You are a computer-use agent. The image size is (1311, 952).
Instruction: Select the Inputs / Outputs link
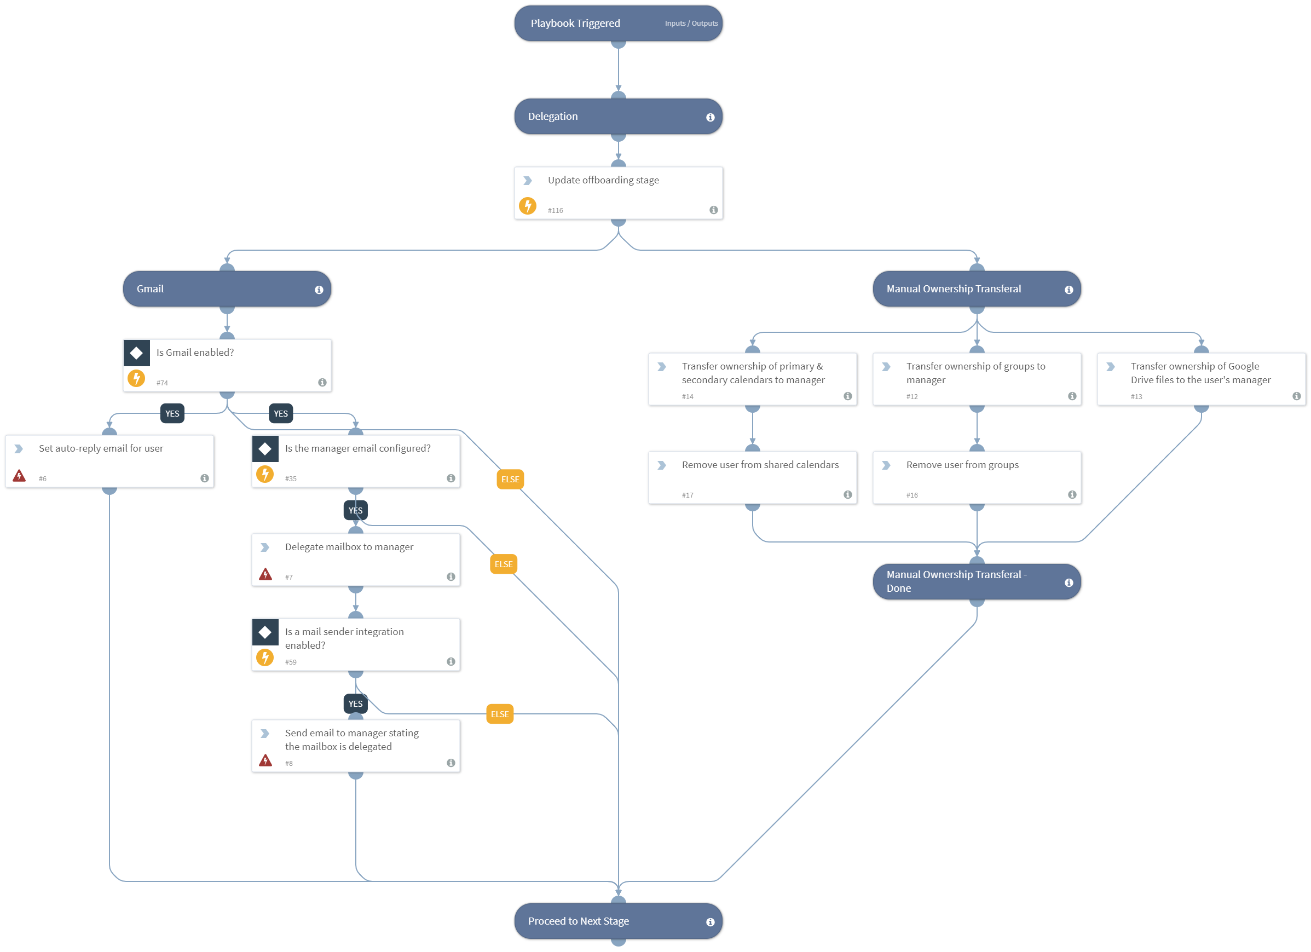click(691, 24)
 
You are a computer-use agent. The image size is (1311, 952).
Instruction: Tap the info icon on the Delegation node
click(710, 117)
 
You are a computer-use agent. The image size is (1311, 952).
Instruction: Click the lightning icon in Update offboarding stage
click(527, 206)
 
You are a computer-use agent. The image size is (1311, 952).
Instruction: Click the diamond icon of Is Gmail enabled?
click(136, 353)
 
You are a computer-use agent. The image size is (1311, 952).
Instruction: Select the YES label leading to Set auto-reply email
click(172, 414)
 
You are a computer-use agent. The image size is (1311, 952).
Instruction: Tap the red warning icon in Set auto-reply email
click(19, 476)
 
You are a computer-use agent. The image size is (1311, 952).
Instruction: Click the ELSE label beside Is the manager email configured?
click(510, 480)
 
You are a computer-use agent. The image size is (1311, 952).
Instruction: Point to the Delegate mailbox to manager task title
click(349, 547)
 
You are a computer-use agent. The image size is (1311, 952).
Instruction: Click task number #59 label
click(290, 662)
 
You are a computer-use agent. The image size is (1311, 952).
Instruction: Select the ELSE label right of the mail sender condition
click(499, 714)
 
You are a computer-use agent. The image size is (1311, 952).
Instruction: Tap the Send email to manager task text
click(351, 740)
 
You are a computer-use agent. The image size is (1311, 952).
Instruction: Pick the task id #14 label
click(688, 397)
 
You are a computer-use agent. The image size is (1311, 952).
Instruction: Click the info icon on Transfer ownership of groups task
click(1072, 396)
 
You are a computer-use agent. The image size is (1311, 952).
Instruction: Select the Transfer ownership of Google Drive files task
click(1200, 373)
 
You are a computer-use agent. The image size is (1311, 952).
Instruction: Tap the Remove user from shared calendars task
click(760, 465)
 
